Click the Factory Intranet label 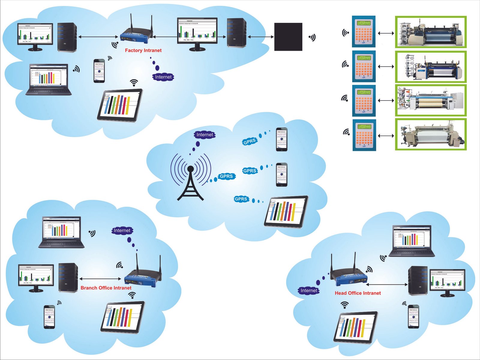tap(143, 50)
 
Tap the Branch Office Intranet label tap(106, 288)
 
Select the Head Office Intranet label tap(358, 293)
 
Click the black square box tap(288, 37)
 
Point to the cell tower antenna tap(190, 180)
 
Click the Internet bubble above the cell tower tap(205, 135)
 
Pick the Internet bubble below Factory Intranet tap(163, 77)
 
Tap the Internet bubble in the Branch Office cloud tap(122, 230)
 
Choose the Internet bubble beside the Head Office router tap(309, 290)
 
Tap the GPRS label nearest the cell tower tap(226, 176)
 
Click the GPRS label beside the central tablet tap(241, 199)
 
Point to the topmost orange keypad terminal tap(364, 31)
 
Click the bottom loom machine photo tap(431, 134)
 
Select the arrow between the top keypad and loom tap(386, 33)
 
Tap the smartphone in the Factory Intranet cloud tap(99, 71)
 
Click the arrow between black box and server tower tap(260, 37)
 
